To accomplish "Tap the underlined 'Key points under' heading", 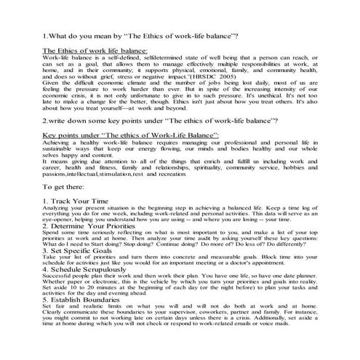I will (121, 135).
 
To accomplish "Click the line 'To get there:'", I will (64, 187).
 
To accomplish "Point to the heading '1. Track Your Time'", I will (76, 200).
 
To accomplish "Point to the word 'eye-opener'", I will (57, 219).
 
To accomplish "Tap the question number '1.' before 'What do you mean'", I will (47, 36).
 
